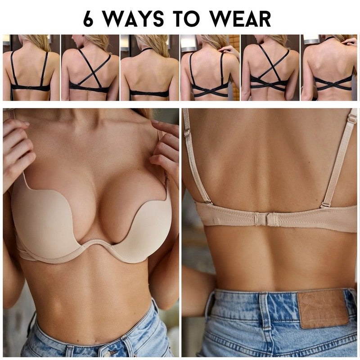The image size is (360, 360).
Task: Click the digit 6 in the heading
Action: pos(88,18)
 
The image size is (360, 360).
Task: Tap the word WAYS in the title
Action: pos(133,18)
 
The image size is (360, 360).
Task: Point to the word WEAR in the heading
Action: pos(240,18)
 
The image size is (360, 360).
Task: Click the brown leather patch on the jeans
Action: pos(323,309)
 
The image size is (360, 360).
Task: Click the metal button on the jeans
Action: pos(107,354)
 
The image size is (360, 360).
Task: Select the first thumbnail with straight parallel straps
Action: pos(31,67)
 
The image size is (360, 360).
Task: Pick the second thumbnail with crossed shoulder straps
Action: pos(90,67)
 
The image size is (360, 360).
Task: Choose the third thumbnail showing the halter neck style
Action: pos(150,67)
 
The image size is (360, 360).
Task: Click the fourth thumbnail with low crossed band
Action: pos(210,67)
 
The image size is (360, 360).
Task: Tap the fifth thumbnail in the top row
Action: pos(270,67)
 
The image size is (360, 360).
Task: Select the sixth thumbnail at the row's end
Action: pos(329,67)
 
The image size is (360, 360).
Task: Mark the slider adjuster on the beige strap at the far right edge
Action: pos(352,119)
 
